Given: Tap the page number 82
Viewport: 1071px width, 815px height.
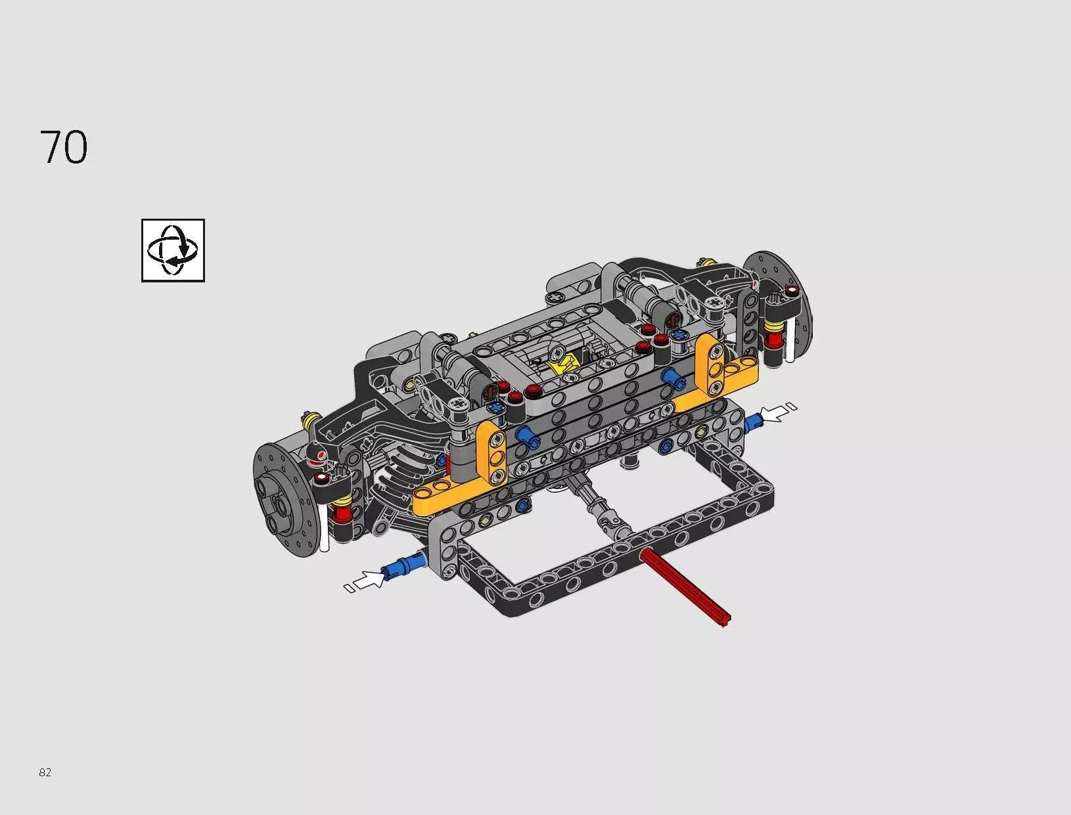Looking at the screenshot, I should point(45,772).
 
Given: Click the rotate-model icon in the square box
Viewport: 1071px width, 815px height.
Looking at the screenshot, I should point(173,250).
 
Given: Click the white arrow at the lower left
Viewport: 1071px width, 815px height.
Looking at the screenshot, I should point(367,580).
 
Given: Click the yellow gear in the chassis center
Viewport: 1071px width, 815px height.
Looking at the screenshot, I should point(564,363).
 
